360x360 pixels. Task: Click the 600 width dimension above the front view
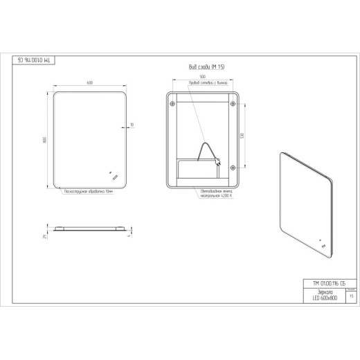(x=90, y=83)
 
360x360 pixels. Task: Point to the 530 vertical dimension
(x=242, y=135)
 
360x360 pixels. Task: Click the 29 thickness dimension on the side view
(x=45, y=237)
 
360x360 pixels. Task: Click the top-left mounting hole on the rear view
(x=172, y=105)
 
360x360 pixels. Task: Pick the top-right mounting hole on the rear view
(x=232, y=105)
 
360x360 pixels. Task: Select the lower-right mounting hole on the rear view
(x=232, y=166)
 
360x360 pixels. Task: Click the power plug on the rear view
(x=219, y=164)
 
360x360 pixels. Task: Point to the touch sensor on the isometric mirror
(x=321, y=243)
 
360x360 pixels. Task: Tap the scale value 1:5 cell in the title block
(x=352, y=296)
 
